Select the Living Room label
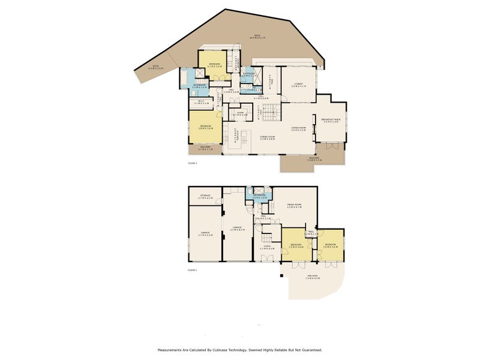(x=299, y=128)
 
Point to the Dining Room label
(x=267, y=137)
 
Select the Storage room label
(x=205, y=196)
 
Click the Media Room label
(x=293, y=206)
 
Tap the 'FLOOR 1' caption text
(x=192, y=271)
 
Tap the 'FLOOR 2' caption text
(x=192, y=163)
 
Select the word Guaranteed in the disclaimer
(x=307, y=350)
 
